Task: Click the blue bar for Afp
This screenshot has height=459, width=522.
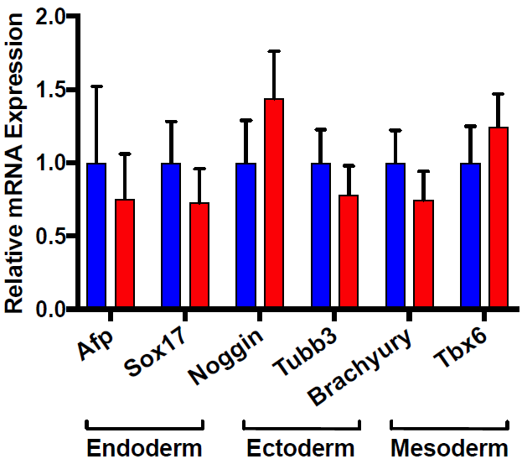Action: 96,235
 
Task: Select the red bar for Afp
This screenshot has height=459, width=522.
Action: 125,253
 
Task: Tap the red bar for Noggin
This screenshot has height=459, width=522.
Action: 274,202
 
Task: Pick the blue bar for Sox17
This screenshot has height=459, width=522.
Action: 171,235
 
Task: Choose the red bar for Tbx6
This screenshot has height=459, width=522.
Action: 499,216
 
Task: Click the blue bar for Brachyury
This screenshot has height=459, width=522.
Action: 395,235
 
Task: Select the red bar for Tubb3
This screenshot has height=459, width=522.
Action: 349,251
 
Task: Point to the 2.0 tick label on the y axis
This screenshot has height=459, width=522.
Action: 49,16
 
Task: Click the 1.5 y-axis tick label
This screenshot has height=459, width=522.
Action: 49,90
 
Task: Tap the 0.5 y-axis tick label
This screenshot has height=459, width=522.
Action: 49,236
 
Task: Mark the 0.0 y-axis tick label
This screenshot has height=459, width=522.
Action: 49,310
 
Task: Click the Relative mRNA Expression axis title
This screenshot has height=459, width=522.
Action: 13,163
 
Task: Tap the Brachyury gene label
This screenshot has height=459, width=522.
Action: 359,367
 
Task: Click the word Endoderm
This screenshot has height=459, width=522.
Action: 144,448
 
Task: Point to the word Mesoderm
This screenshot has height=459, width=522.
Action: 449,448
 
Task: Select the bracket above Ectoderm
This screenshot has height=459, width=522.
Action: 302,427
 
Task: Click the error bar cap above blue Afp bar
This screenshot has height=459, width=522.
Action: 96,86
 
